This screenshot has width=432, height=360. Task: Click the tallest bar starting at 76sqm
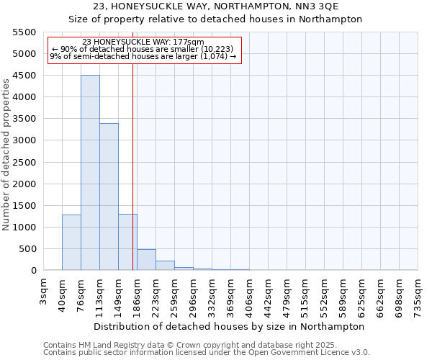(x=90, y=173)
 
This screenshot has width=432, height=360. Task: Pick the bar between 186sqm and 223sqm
(x=146, y=260)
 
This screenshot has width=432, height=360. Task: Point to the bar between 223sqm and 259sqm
(x=165, y=266)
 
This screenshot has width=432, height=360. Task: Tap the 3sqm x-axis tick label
(x=44, y=292)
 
